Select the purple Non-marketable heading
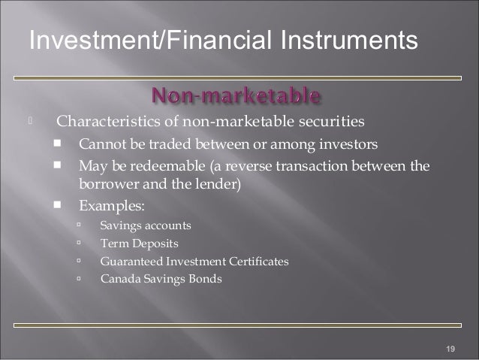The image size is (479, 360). click(x=237, y=96)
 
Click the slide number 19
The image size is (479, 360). click(x=450, y=348)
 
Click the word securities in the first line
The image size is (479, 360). click(x=336, y=120)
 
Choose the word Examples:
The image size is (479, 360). click(x=107, y=204)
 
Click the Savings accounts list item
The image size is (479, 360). click(x=146, y=225)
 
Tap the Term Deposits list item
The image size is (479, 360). click(x=139, y=243)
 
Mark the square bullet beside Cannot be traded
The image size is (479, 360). click(x=58, y=143)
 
